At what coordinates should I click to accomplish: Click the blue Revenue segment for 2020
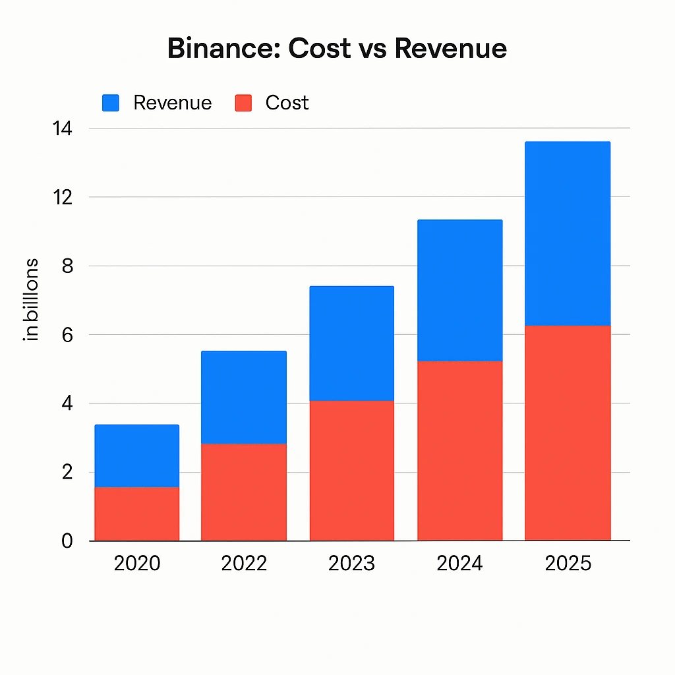(x=137, y=455)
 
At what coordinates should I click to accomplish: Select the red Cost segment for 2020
(x=137, y=514)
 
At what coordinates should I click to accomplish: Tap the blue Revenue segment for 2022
(x=244, y=397)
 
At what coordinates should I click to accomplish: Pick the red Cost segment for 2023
(x=352, y=470)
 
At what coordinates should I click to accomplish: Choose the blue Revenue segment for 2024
(x=460, y=290)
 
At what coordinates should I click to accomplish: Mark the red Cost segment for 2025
(x=568, y=432)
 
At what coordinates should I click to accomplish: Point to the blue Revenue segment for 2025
(x=568, y=233)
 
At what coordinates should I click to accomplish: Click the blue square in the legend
(x=111, y=103)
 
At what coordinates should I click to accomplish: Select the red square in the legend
(x=243, y=103)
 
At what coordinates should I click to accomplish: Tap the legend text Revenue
(x=172, y=103)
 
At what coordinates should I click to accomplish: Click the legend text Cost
(x=287, y=103)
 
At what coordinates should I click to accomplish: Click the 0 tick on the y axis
(x=65, y=541)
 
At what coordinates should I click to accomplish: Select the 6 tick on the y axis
(x=65, y=335)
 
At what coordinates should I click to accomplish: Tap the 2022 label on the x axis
(x=244, y=564)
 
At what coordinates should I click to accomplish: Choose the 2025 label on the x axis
(x=568, y=564)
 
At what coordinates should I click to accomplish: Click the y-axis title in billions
(x=31, y=300)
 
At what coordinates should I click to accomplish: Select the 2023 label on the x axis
(x=352, y=564)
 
